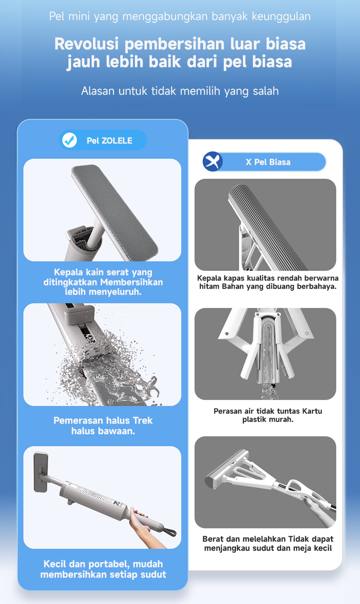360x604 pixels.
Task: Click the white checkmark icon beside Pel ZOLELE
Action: coord(70,140)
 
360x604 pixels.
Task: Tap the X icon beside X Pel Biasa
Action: coord(212,162)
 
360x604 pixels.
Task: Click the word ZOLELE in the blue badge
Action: coord(117,141)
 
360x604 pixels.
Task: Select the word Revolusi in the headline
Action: coord(87,44)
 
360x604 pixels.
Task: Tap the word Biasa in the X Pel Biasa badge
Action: coord(279,162)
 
